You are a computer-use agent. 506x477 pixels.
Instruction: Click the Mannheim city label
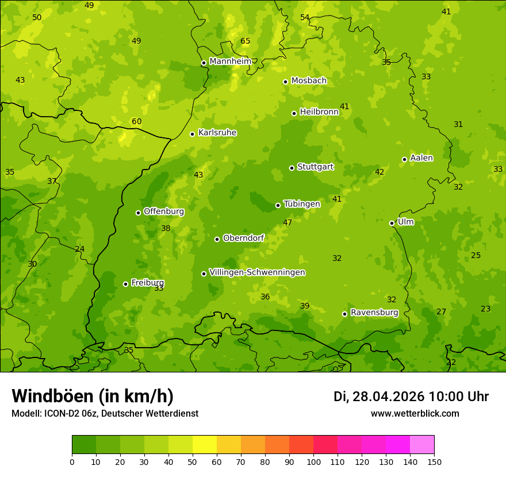pyautogui.click(x=230, y=61)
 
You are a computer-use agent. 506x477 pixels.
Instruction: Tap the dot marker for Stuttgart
pyautogui.click(x=292, y=168)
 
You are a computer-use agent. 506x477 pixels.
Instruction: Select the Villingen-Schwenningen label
pyautogui.click(x=257, y=272)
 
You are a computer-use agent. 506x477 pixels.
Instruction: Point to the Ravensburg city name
pyautogui.click(x=374, y=313)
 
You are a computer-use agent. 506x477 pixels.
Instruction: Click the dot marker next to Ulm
pyautogui.click(x=392, y=223)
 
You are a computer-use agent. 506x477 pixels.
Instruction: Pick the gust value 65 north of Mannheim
pyautogui.click(x=246, y=41)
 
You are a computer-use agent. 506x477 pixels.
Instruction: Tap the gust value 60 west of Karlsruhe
pyautogui.click(x=136, y=122)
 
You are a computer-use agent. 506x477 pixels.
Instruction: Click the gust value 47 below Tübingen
pyautogui.click(x=287, y=222)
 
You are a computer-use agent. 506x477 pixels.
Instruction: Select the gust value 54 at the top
pyautogui.click(x=305, y=18)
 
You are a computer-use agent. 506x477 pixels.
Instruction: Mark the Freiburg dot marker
pyautogui.click(x=125, y=284)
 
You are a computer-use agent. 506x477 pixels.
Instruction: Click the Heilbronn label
pyautogui.click(x=319, y=112)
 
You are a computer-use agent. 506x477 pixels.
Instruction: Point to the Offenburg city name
pyautogui.click(x=164, y=211)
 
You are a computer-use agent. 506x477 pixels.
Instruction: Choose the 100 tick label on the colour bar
pyautogui.click(x=313, y=461)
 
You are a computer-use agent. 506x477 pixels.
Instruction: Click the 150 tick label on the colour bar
pyautogui.click(x=434, y=461)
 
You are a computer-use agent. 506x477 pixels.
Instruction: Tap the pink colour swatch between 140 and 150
pyautogui.click(x=422, y=445)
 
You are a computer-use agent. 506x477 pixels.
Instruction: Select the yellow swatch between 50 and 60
pyautogui.click(x=205, y=445)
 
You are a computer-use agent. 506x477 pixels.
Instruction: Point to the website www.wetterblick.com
pyautogui.click(x=415, y=414)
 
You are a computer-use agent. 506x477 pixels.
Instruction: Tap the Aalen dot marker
pyautogui.click(x=404, y=159)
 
